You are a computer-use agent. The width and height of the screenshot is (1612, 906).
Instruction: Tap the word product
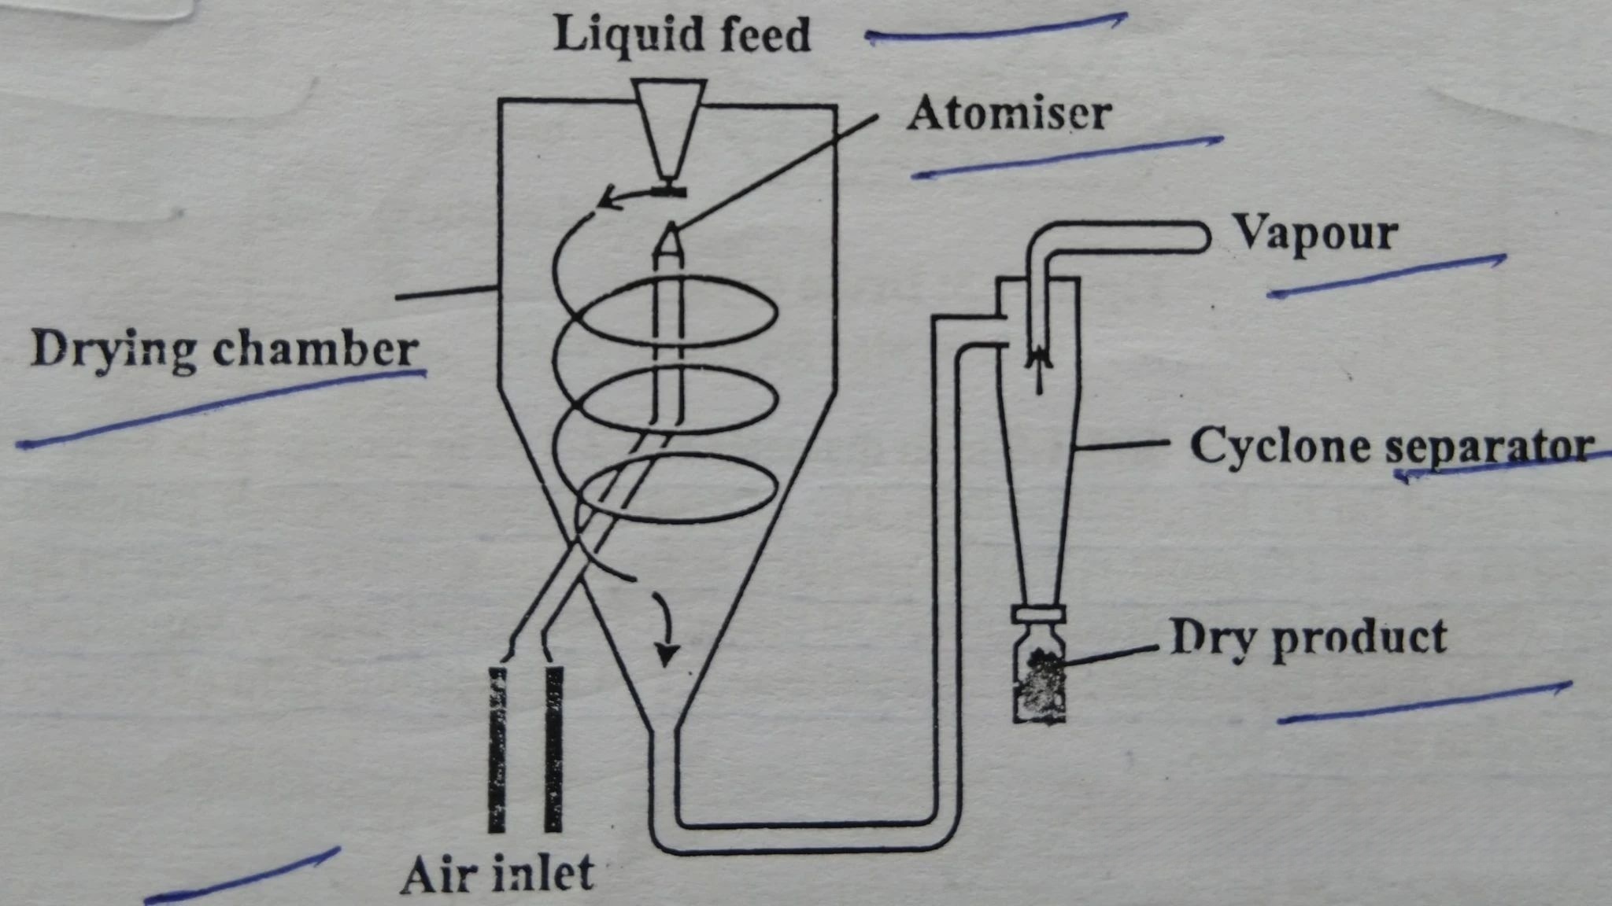click(x=1359, y=638)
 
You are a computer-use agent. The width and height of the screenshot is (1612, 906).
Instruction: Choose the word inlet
click(x=543, y=872)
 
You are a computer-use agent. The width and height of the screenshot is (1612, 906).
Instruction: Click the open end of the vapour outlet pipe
click(x=1202, y=236)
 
